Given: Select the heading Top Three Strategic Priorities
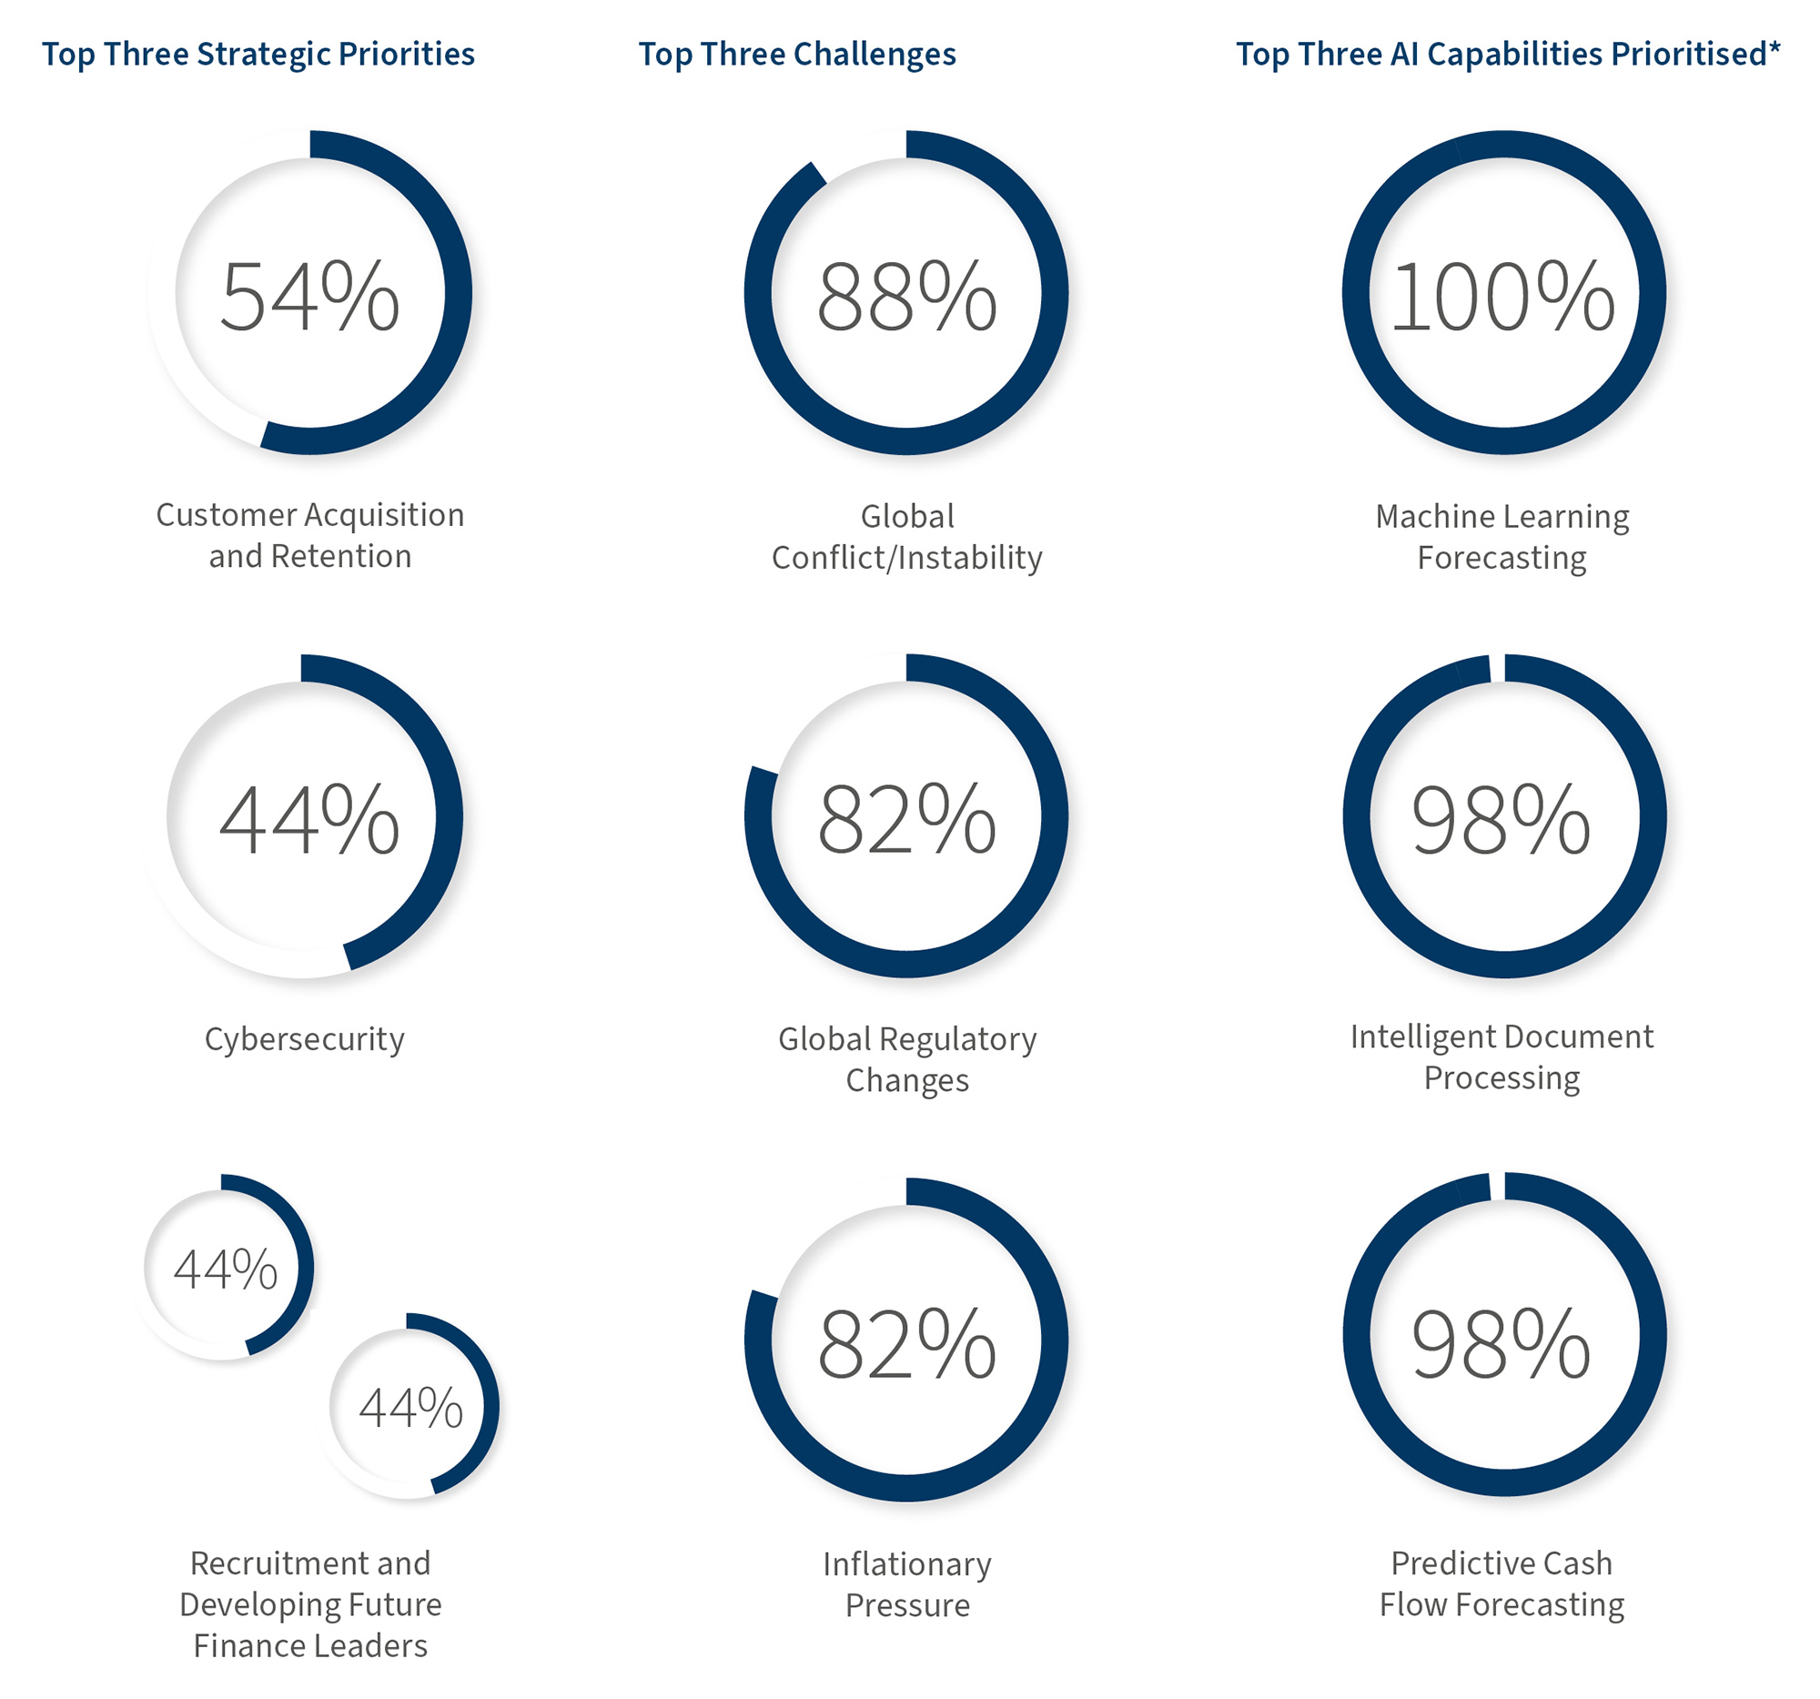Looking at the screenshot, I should tap(258, 54).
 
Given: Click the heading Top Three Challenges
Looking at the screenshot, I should tap(796, 54).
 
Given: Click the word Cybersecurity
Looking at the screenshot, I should tap(304, 1039).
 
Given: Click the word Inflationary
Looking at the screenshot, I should tap(906, 1563).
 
